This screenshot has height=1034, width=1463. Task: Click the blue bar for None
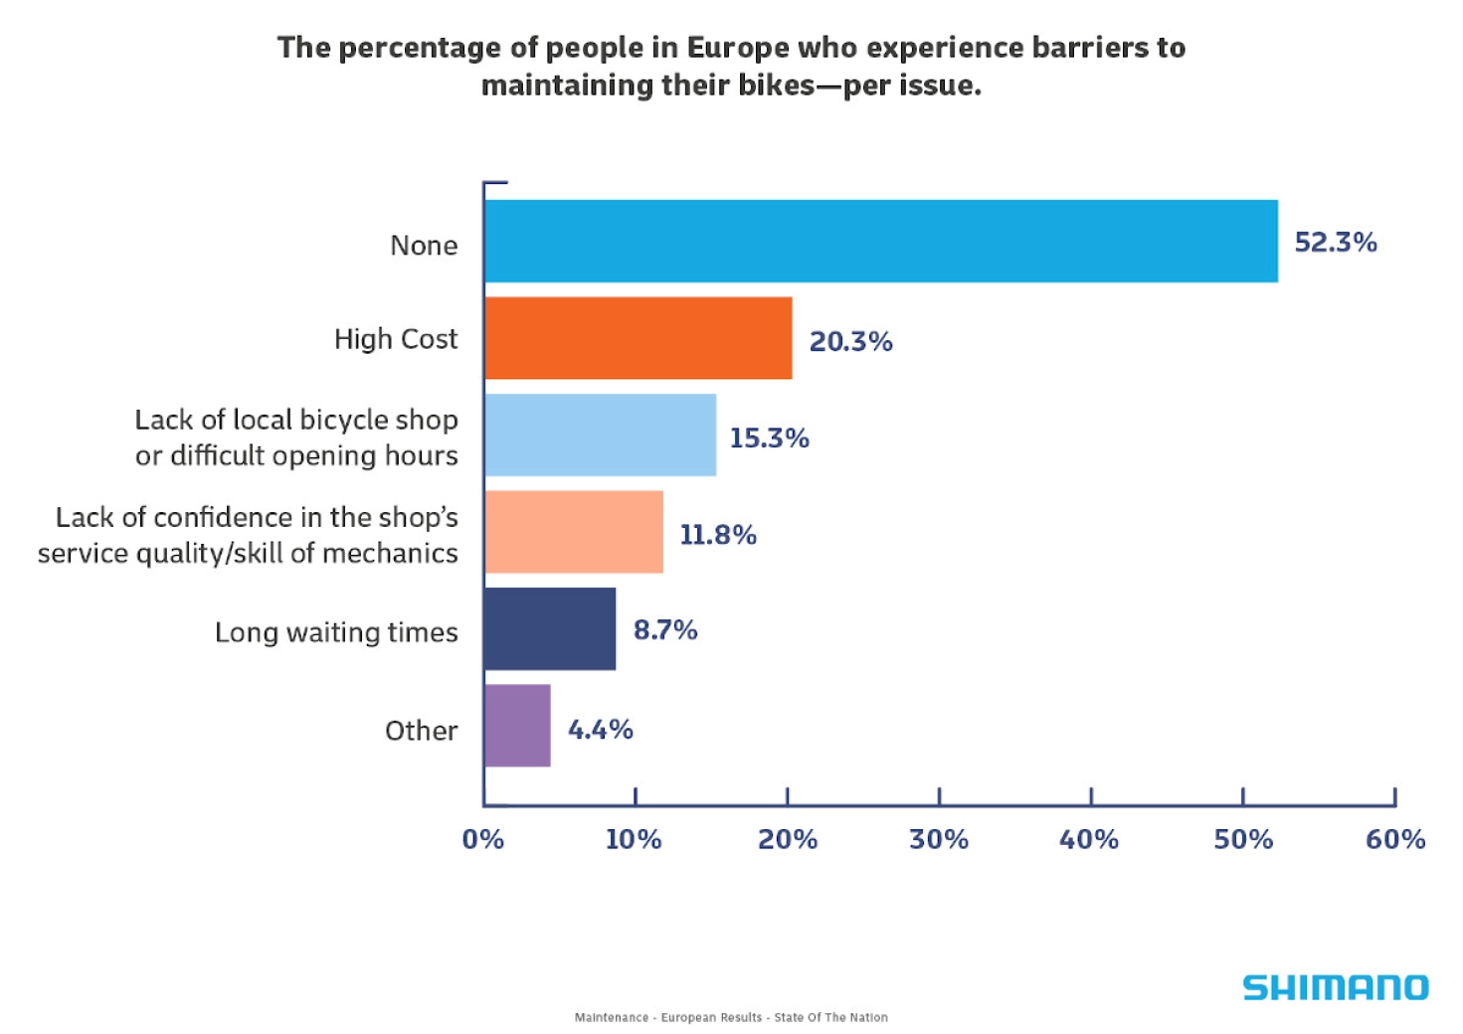[880, 242]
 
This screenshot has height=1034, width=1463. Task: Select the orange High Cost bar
[638, 338]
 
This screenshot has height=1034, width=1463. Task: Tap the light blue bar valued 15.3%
[600, 434]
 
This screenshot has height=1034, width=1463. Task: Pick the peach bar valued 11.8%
[573, 532]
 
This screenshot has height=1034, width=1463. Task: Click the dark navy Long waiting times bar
[549, 628]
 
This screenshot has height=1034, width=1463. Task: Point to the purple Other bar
[517, 726]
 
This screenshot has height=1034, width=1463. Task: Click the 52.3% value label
[1335, 243]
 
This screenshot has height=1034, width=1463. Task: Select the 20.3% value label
[850, 342]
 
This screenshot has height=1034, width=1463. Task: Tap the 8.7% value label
[665, 630]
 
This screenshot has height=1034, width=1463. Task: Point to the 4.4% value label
[600, 730]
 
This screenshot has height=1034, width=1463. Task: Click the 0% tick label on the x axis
[483, 840]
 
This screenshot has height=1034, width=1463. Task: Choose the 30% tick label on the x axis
[938, 840]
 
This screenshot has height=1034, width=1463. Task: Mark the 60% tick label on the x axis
[1394, 840]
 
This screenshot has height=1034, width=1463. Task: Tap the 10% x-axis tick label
[634, 840]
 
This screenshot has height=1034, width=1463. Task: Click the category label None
[424, 246]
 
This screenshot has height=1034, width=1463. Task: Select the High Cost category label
[396, 339]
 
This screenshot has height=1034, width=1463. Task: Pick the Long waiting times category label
[336, 632]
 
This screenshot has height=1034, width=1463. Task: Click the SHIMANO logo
[1335, 987]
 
